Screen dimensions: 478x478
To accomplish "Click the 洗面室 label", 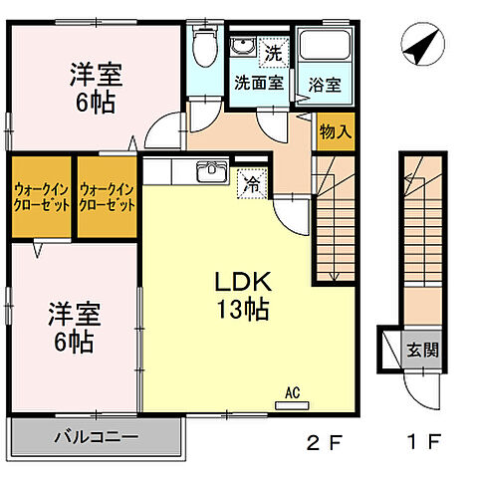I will click(x=258, y=83).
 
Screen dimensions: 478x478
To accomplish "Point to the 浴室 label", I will click(x=324, y=85).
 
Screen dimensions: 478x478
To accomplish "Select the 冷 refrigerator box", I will click(x=253, y=184).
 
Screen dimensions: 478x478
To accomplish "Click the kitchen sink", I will click(x=212, y=175).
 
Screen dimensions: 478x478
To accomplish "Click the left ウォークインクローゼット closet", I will click(x=40, y=196).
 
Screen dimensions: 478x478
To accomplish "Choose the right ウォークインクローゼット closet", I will click(x=107, y=196).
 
